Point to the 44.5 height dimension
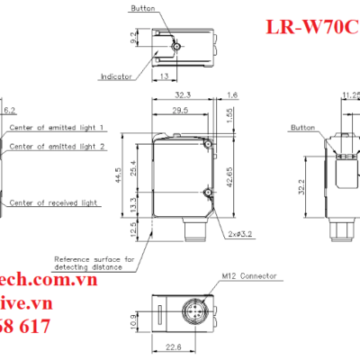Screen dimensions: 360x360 tap(132, 173)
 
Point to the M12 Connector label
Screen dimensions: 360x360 tap(247, 275)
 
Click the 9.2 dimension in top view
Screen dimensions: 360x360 tap(133, 38)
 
